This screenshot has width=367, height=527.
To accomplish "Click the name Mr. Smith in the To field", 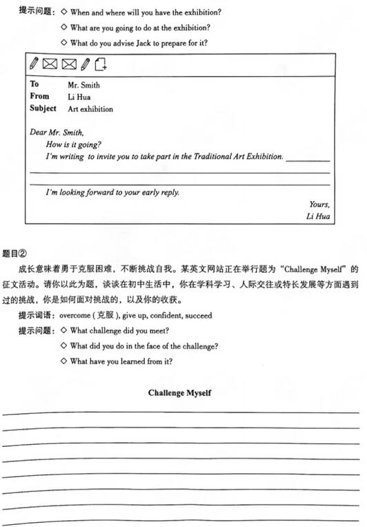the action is click(83, 85).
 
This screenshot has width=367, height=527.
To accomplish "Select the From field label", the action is click(40, 97).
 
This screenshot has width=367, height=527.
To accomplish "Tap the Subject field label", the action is click(43, 108).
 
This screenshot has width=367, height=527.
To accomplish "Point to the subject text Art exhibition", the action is click(90, 109).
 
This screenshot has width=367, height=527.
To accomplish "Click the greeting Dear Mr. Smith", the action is click(57, 132).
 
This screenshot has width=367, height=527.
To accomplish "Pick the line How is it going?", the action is click(74, 144).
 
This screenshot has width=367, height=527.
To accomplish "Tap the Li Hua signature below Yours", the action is click(318, 217).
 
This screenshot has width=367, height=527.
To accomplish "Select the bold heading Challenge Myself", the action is click(179, 393).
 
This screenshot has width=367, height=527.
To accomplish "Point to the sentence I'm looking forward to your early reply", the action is click(112, 192).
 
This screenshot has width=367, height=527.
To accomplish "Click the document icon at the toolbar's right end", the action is click(101, 64).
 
